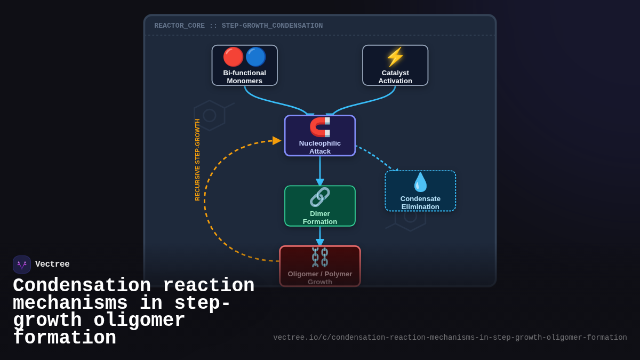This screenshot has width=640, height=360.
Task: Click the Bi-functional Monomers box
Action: [244, 66]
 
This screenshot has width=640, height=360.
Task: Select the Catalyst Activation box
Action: [395, 66]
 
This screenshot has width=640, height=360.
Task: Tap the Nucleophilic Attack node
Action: [320, 136]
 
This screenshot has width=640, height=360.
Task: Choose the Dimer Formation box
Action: [320, 206]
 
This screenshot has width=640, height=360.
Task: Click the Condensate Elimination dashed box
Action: [420, 191]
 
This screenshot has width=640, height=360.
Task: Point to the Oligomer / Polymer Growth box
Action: [320, 267]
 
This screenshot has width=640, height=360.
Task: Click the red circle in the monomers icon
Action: [233, 57]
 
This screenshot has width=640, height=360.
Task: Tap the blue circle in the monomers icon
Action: [255, 57]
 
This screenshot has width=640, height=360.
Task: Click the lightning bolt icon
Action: [395, 57]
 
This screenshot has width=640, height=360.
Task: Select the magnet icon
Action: [320, 127]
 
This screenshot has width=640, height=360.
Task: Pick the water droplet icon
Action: [420, 182]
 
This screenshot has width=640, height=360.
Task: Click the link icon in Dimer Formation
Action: [320, 197]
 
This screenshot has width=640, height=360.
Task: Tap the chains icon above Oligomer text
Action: [320, 257]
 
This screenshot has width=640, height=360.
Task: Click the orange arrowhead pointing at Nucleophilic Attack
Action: [277, 140]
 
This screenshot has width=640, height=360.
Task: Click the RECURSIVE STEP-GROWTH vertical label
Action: [197, 159]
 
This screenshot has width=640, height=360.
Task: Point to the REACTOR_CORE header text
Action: [238, 26]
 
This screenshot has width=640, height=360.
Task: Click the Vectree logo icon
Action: [22, 265]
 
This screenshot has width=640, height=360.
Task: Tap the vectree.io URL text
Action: [450, 338]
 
